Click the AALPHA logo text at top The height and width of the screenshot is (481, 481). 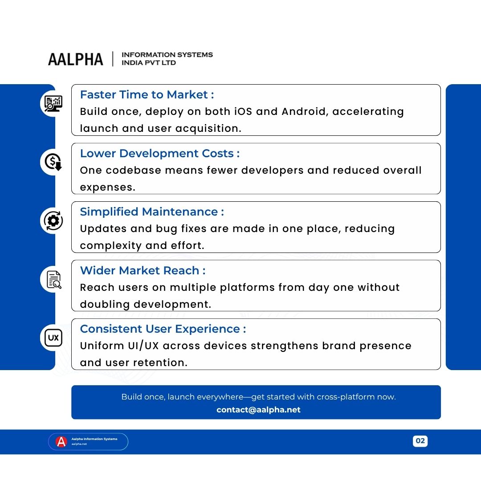pos(75,59)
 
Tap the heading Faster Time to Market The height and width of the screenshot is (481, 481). pos(147,95)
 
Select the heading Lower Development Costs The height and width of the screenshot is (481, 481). pos(159,154)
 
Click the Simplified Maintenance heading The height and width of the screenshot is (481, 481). pos(151,212)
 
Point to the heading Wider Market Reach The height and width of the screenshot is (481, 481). pos(143,271)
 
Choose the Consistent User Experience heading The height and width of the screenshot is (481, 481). pos(163,329)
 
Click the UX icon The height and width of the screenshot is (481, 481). pos(53,338)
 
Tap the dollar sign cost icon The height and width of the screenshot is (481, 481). pos(53,162)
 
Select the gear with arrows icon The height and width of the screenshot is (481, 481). pos(53,221)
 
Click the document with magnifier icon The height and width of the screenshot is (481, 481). pos(53,280)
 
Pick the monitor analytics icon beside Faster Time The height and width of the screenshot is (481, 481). pos(53,104)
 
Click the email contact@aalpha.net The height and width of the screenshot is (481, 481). pos(258,410)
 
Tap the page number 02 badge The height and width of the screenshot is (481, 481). pos(420,441)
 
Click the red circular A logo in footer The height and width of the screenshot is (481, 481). pos(61,441)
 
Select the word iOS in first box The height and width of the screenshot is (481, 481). pos(243,112)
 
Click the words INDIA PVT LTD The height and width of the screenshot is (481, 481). pos(149,63)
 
